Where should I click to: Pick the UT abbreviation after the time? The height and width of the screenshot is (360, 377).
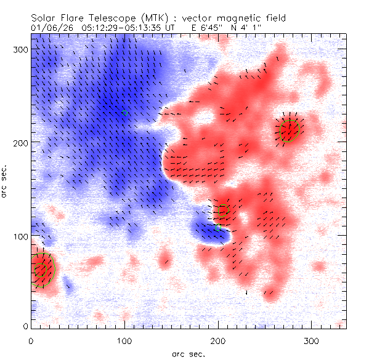click(159, 28)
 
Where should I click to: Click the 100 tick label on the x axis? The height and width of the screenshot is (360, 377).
click(124, 340)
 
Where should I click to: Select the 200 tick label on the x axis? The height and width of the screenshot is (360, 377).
click(217, 340)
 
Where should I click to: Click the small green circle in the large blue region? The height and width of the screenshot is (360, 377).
click(125, 113)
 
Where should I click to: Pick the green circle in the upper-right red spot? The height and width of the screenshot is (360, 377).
click(290, 130)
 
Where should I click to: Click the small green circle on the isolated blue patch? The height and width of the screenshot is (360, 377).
click(218, 228)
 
